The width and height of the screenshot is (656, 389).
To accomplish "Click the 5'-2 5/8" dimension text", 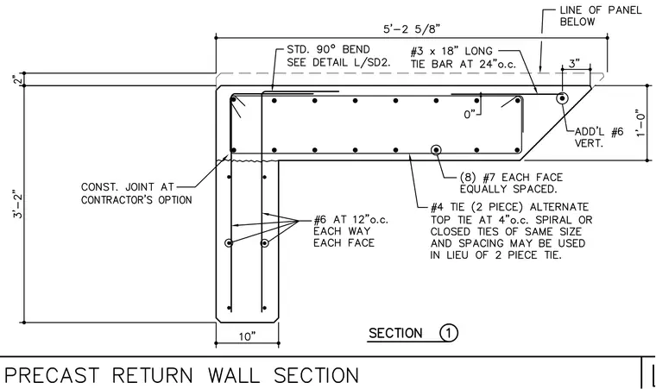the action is (412, 28).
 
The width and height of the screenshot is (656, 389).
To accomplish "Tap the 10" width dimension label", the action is (247, 336).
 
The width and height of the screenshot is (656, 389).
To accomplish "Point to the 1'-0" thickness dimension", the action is (640, 123).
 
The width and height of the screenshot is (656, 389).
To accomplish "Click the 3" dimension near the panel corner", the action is (574, 64).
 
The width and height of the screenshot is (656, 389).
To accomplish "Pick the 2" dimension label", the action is (17, 79).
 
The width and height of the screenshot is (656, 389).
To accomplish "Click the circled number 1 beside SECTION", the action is (449, 333).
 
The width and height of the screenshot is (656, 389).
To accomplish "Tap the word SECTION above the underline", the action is (395, 334).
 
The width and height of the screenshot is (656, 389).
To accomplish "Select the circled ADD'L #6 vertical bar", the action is (562, 98).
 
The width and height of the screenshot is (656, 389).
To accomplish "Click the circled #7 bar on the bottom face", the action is (437, 150).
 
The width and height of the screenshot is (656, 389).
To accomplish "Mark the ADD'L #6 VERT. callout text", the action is (599, 138).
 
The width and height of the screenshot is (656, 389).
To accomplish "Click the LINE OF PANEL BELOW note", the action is (601, 16).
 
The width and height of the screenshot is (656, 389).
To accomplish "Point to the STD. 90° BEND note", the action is (338, 56).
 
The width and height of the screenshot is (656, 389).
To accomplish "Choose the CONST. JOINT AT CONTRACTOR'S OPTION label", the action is (136, 193).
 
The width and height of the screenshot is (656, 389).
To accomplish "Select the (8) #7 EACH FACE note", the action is (511, 183).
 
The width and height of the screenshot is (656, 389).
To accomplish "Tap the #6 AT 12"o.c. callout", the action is (350, 231).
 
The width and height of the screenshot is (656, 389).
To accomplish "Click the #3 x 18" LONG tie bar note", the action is (464, 57).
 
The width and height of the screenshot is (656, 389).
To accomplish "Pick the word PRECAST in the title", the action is (52, 375).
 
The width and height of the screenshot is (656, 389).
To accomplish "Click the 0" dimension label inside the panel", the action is (470, 114).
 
